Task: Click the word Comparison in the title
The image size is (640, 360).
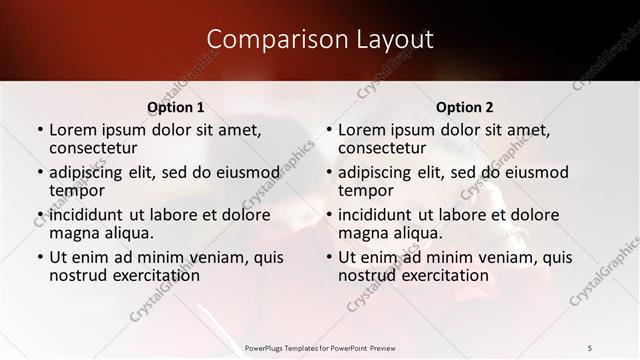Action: click(x=269, y=39)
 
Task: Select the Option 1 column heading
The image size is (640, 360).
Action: click(x=176, y=107)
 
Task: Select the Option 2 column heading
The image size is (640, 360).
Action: click(x=465, y=107)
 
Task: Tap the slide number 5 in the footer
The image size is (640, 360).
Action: click(x=589, y=347)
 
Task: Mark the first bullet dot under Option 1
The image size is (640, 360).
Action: click(x=40, y=130)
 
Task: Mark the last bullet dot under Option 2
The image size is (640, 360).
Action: click(x=329, y=258)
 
